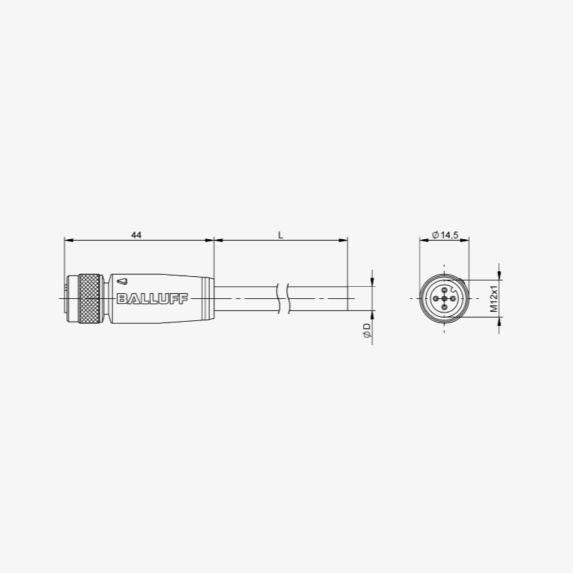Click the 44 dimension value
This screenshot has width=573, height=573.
pyautogui.click(x=136, y=234)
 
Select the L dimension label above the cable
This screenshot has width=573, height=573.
pyautogui.click(x=280, y=234)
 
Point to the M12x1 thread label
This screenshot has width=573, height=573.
pyautogui.click(x=493, y=298)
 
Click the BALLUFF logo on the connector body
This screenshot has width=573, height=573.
pyautogui.click(x=152, y=299)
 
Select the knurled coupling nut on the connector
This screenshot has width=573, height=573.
pyautogui.click(x=89, y=299)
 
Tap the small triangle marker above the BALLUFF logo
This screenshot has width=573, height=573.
pyautogui.click(x=124, y=282)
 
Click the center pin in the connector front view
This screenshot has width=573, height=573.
pyautogui.click(x=444, y=299)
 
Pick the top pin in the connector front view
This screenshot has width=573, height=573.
pyautogui.click(x=444, y=290)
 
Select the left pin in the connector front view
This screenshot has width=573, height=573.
pyautogui.click(x=435, y=299)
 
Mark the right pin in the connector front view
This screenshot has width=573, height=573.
pyautogui.click(x=453, y=299)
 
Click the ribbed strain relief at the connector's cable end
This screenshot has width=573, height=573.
pyautogui.click(x=207, y=299)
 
